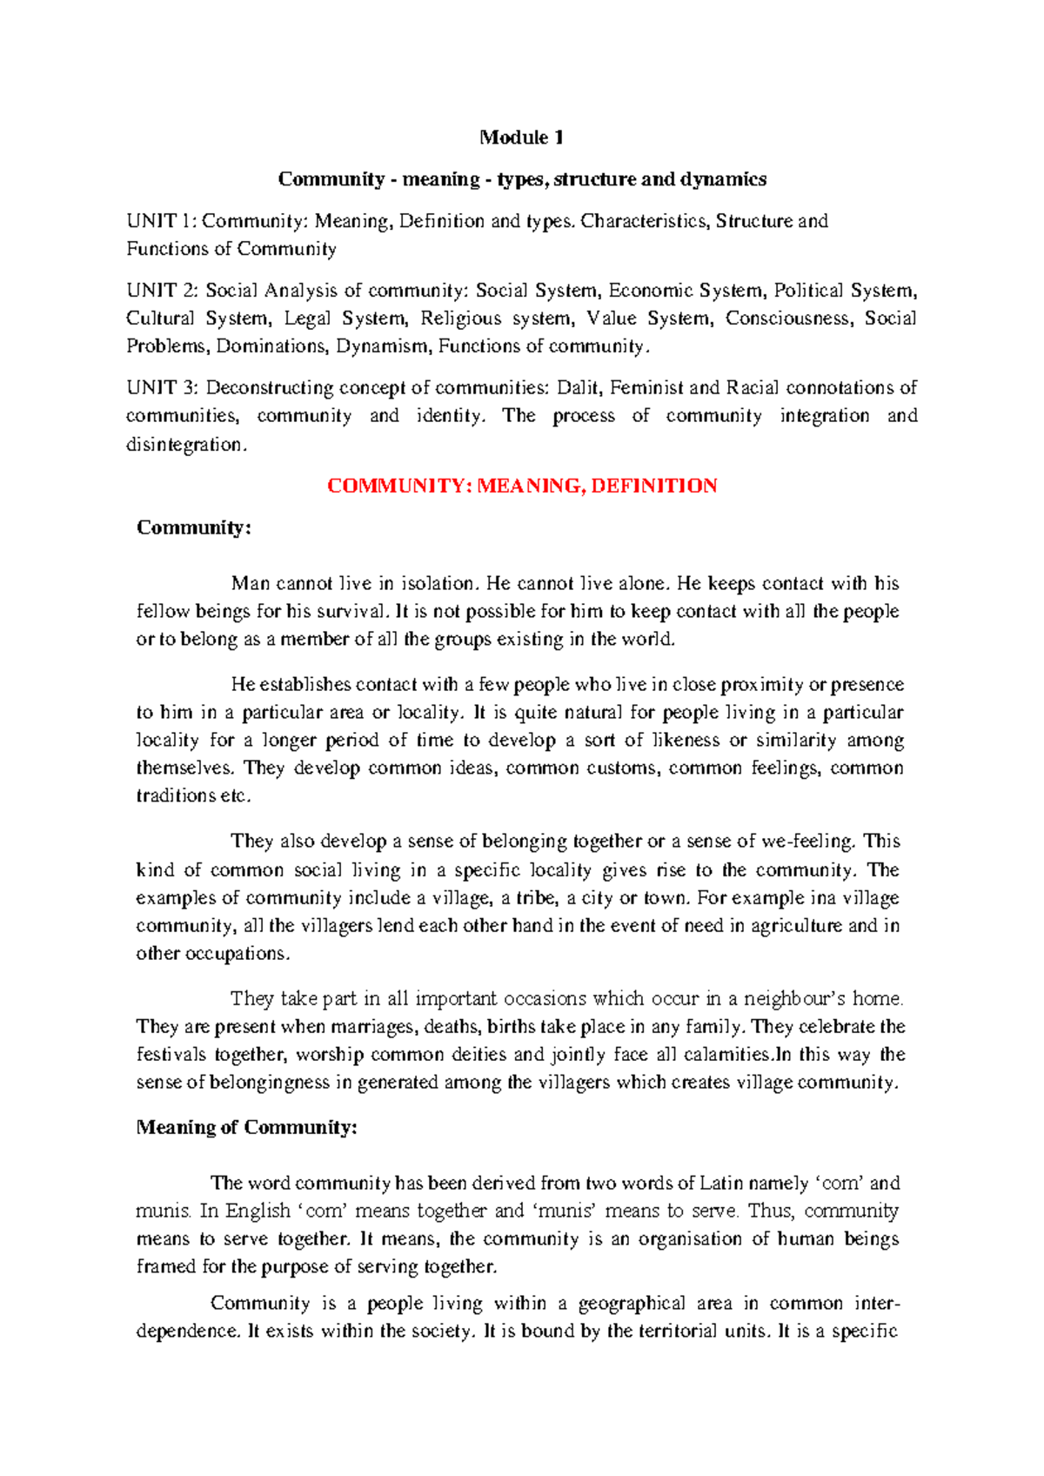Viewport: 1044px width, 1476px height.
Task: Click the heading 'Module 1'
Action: pyautogui.click(x=522, y=138)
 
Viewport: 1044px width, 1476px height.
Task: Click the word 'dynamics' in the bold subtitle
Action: pyautogui.click(x=726, y=179)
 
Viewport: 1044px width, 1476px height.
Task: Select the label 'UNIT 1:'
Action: pyautogui.click(x=162, y=221)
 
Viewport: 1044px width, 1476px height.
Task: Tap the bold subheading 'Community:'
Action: pyautogui.click(x=194, y=527)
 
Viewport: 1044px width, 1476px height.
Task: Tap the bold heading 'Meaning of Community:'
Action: pyautogui.click(x=247, y=1128)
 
